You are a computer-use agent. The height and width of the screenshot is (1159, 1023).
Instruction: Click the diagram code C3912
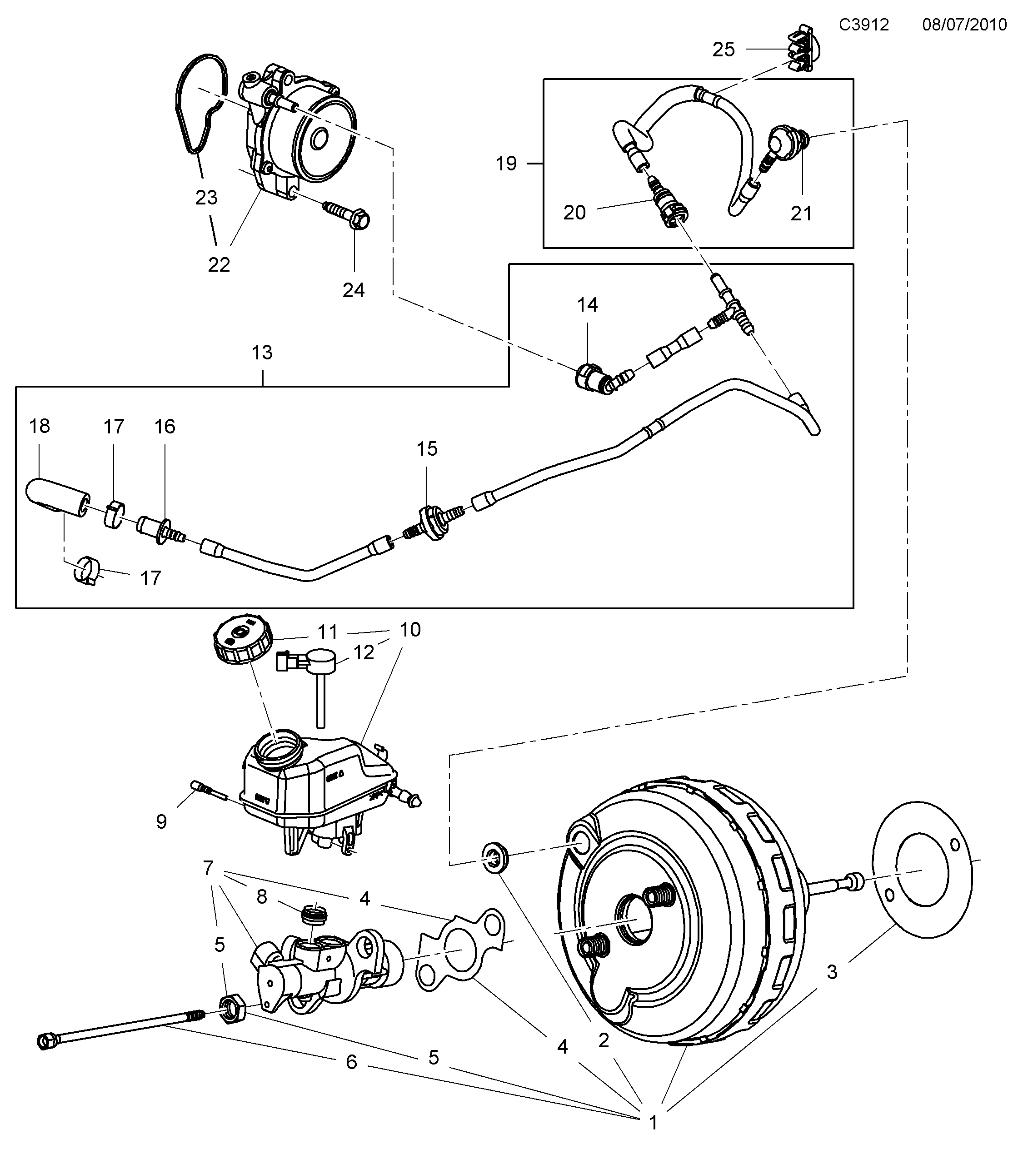point(863,25)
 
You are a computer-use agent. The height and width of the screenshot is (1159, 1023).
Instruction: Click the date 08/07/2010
point(964,25)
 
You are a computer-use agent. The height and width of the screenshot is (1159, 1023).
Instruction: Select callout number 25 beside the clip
point(723,50)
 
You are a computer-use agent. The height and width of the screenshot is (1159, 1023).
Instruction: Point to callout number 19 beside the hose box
point(506,164)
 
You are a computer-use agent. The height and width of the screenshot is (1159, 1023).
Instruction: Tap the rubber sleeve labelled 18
point(55,498)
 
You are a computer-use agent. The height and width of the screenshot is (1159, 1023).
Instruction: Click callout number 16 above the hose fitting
point(165,427)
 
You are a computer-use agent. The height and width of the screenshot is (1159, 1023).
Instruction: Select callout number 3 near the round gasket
point(831,972)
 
